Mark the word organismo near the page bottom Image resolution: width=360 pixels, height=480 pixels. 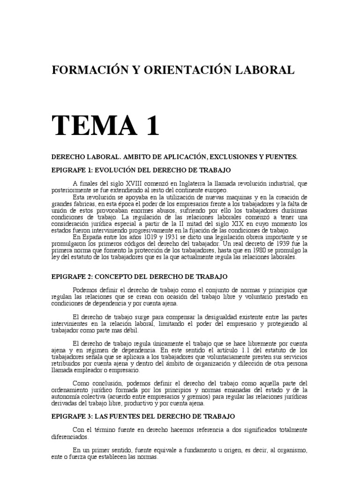tap(292, 450)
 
